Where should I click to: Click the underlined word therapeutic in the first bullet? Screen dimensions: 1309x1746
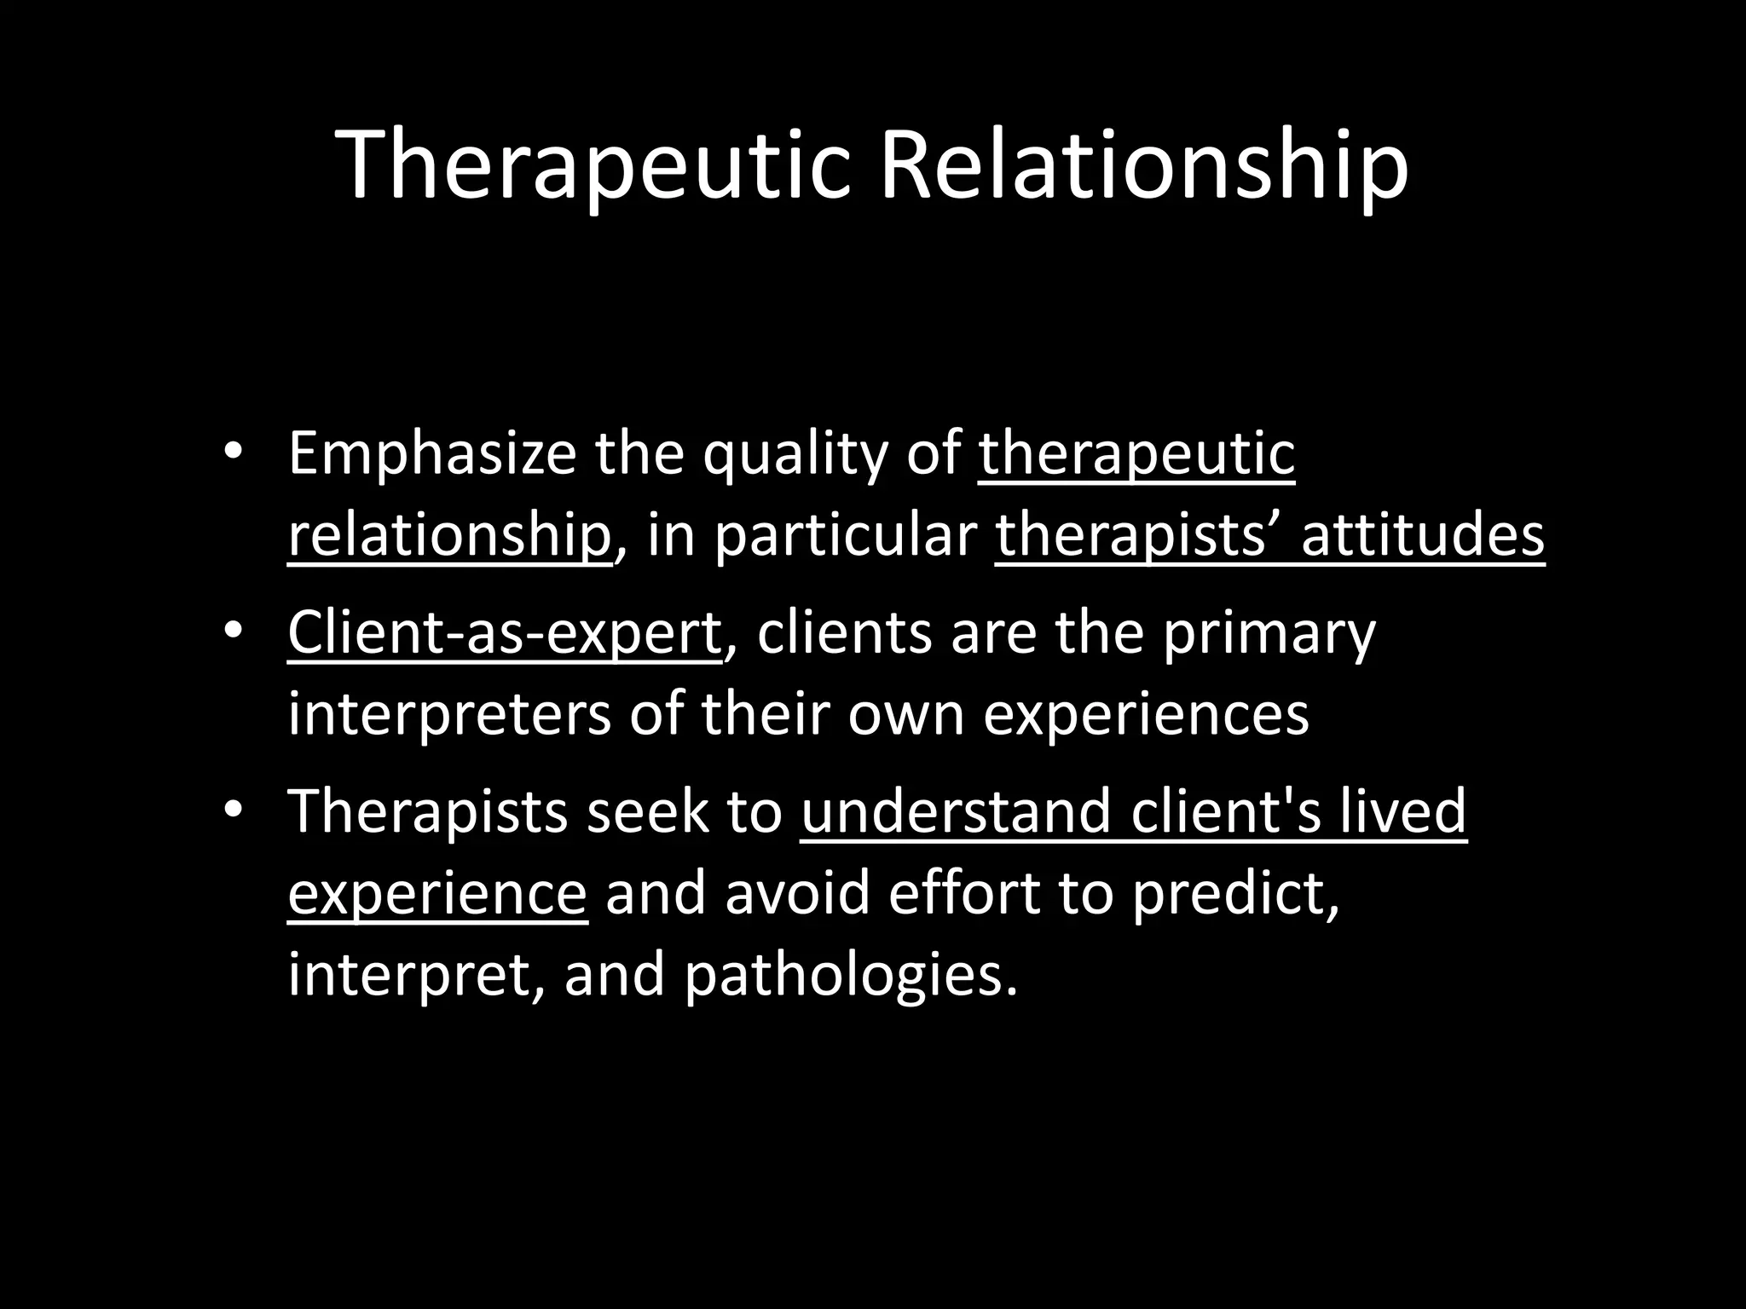[1136, 454]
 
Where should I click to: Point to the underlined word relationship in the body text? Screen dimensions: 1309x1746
[449, 535]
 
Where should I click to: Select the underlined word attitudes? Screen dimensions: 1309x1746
[1422, 535]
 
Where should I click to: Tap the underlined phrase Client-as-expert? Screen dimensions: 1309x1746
[505, 632]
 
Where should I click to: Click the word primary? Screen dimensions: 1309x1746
[1270, 632]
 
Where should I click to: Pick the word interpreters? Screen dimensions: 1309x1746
[449, 713]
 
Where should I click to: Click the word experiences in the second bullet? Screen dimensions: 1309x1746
[1146, 713]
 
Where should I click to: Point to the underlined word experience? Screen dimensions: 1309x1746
[437, 892]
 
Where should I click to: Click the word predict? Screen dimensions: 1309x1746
[1235, 892]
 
